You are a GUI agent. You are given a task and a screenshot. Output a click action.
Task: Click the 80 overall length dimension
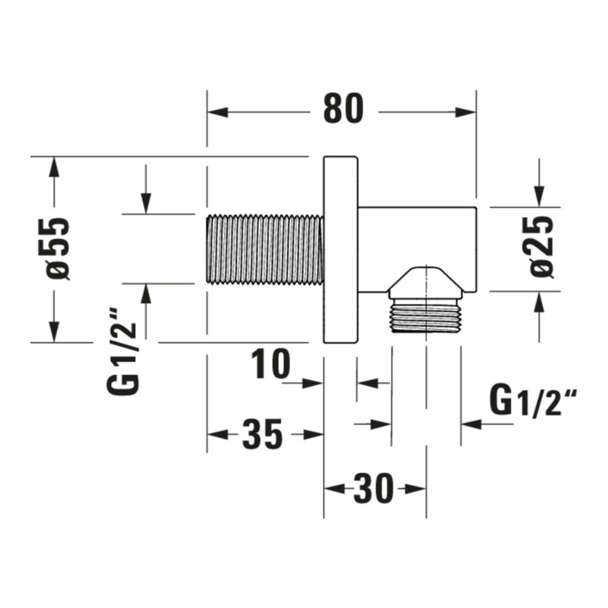tap(344, 109)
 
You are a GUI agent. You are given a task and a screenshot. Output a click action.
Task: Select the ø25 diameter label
tap(541, 247)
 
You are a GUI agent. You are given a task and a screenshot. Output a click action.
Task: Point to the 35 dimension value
tap(263, 434)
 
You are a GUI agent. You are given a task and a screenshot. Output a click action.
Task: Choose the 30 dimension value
tap(373, 489)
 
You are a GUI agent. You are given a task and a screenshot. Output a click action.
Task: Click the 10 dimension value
tap(271, 364)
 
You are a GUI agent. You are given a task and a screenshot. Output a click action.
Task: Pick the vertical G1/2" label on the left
tap(123, 351)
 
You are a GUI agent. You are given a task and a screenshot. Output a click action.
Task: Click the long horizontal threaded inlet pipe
tap(265, 249)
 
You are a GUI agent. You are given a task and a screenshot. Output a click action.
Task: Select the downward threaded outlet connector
tap(426, 316)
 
